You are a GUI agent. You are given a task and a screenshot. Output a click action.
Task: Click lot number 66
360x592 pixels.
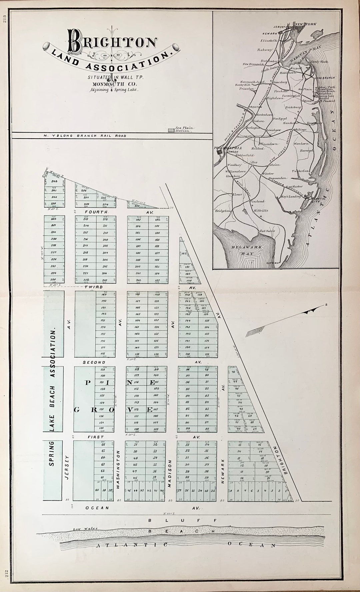coord(103,444)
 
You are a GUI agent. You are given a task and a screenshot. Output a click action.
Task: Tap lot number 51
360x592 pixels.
coord(135,444)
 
